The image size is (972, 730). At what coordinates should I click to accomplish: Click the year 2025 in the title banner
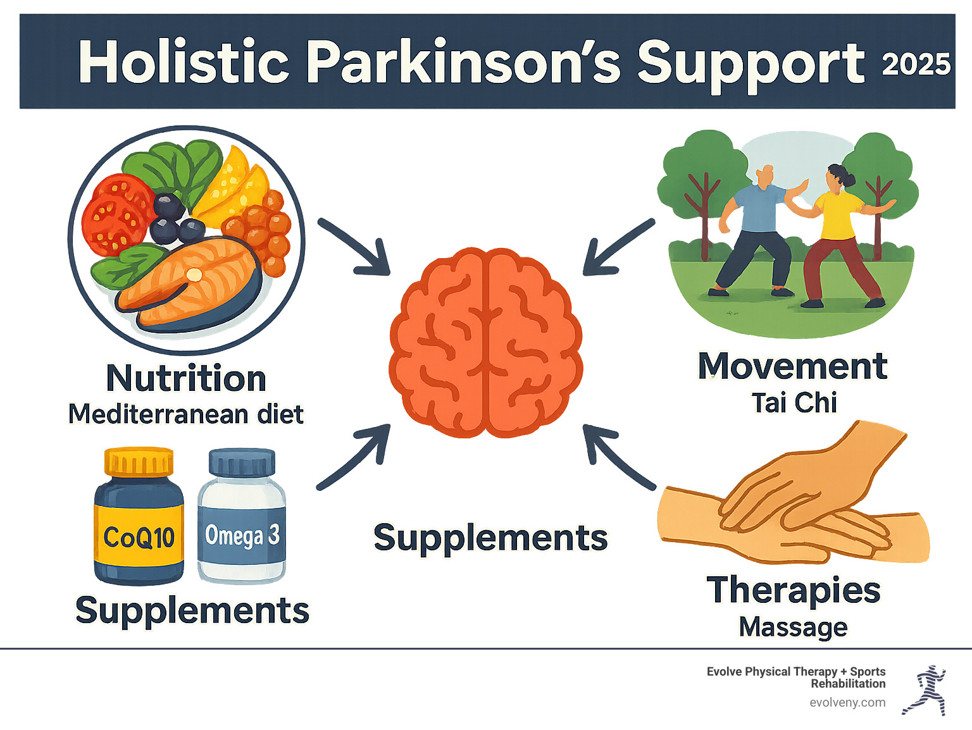click(x=916, y=65)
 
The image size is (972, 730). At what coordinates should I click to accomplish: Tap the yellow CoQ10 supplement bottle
click(x=139, y=516)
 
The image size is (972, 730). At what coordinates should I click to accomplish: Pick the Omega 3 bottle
click(x=242, y=516)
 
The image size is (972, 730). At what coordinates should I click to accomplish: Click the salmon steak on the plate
click(x=190, y=281)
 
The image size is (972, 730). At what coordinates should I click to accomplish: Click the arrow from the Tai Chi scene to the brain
click(x=616, y=248)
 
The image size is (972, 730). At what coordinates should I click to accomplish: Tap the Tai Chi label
click(x=794, y=403)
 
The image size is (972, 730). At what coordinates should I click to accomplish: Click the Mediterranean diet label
click(x=185, y=414)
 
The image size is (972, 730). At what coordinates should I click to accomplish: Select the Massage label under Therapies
click(x=793, y=627)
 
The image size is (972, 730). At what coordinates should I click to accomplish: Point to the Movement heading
click(x=792, y=366)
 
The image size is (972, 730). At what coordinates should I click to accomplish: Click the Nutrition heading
click(x=186, y=378)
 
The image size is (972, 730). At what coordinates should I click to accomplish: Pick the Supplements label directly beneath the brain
click(x=490, y=538)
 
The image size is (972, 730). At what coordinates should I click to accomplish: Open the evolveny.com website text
click(x=847, y=702)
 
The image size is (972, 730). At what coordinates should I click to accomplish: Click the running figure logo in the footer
click(x=926, y=690)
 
